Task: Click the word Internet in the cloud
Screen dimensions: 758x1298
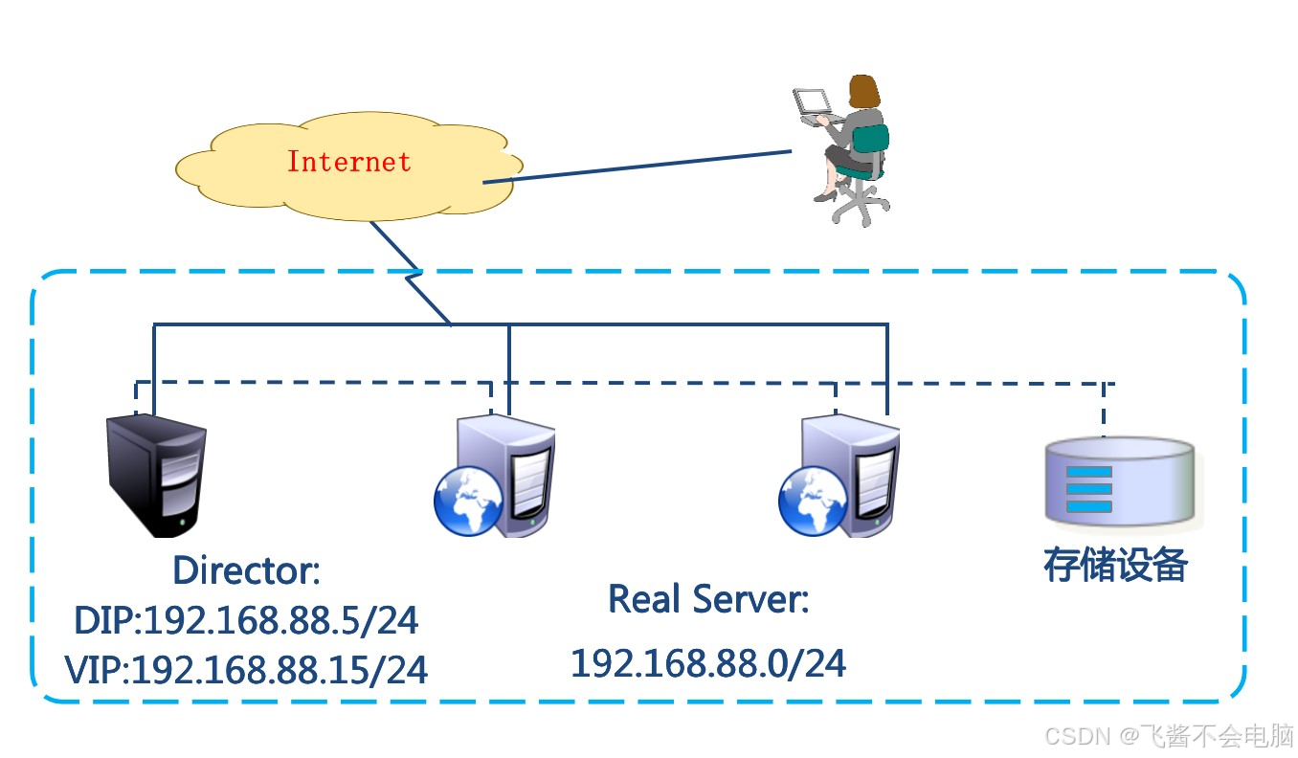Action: tap(348, 162)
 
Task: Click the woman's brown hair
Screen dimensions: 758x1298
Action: tap(865, 92)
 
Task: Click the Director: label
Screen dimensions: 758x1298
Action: tap(246, 571)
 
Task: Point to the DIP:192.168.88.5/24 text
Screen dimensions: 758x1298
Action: tap(246, 621)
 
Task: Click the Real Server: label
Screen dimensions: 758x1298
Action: tap(708, 600)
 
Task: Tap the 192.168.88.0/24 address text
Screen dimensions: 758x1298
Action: tap(708, 663)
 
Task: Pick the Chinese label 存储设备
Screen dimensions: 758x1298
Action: tap(1115, 566)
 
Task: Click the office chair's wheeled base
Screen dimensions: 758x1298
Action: tap(859, 207)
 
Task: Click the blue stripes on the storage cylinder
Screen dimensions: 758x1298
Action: tap(1088, 489)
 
